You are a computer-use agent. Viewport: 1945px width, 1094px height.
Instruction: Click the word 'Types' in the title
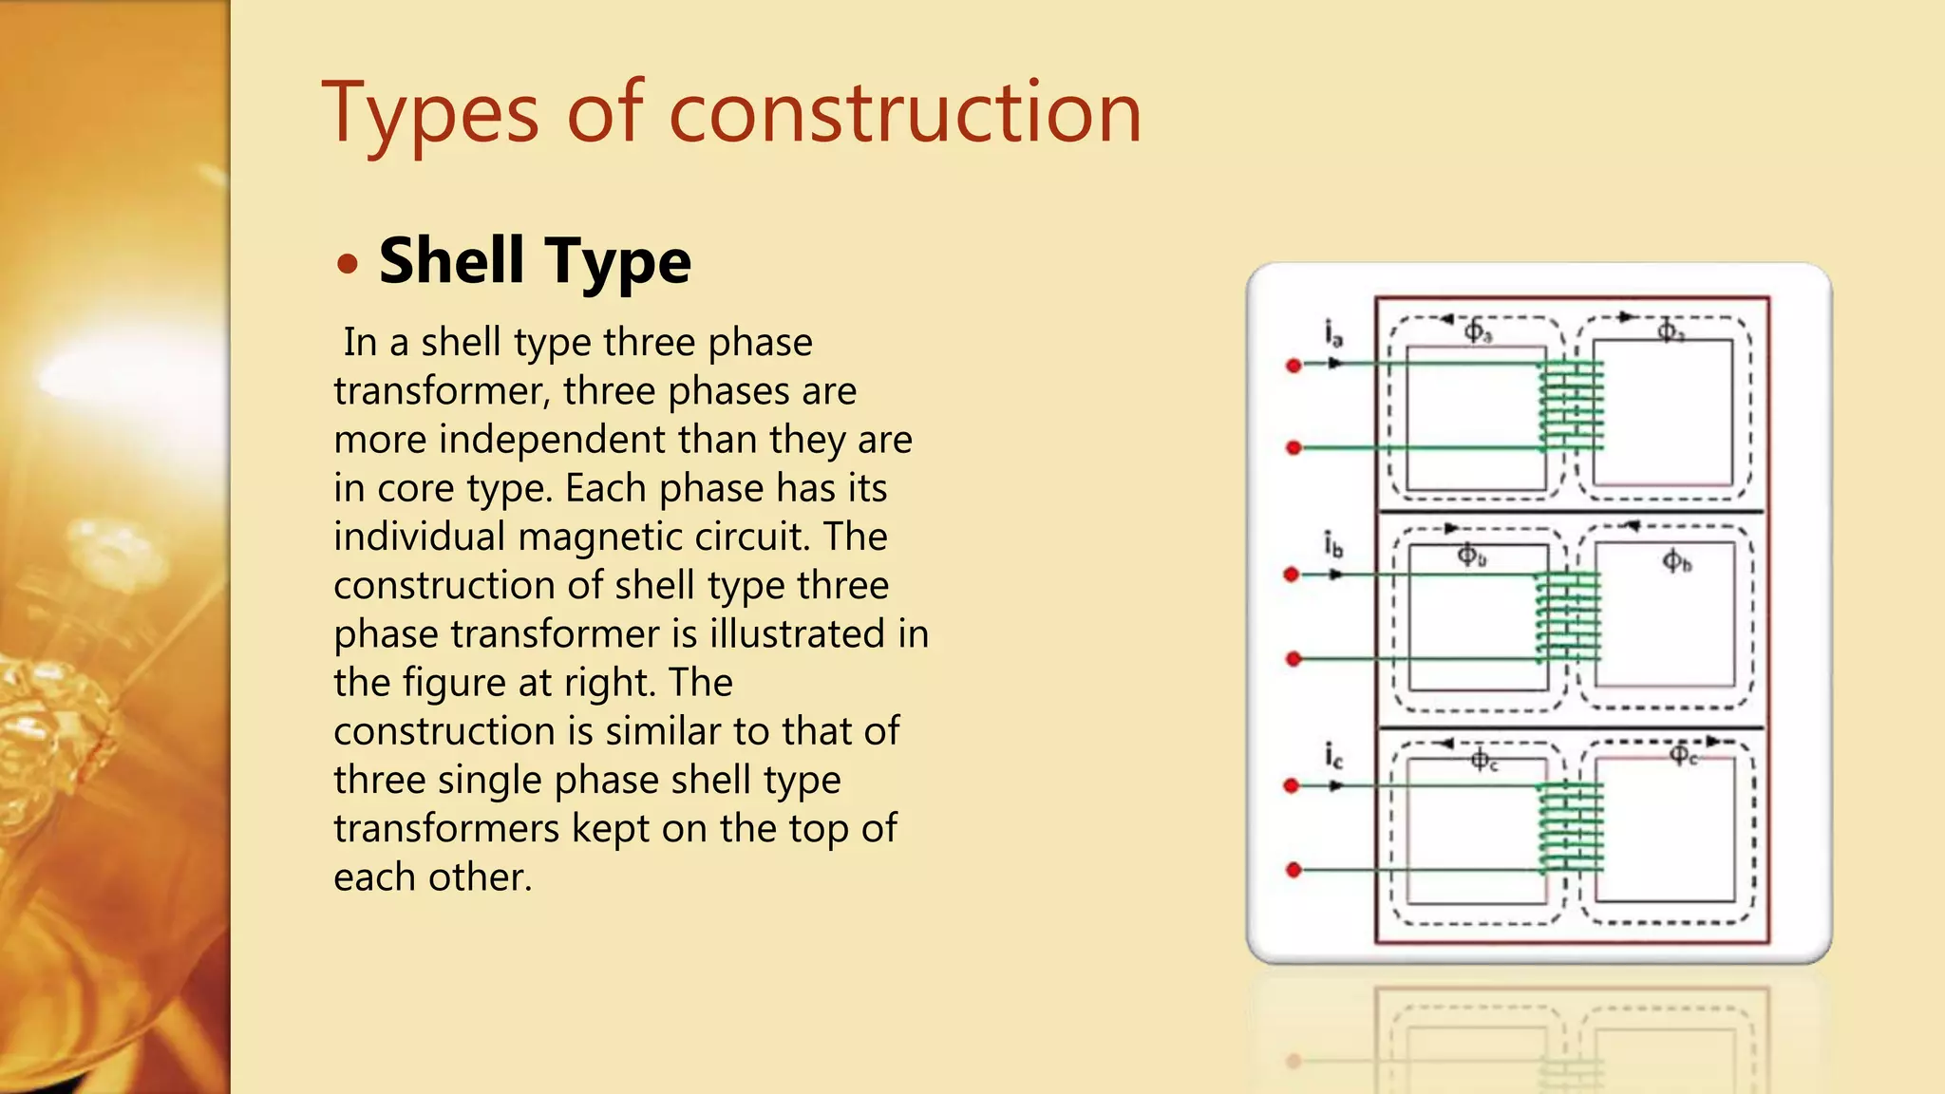click(x=429, y=114)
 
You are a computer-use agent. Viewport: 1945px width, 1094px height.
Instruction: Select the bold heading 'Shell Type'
click(x=535, y=261)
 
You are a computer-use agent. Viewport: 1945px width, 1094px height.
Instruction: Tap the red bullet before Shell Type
click(x=348, y=264)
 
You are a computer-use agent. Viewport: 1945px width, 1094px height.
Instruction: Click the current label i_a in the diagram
click(x=1334, y=333)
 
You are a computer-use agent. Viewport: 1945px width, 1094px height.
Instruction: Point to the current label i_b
click(x=1334, y=545)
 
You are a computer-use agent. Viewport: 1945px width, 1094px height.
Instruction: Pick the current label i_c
click(x=1334, y=756)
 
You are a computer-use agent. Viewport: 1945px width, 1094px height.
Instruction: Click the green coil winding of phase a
click(x=1572, y=406)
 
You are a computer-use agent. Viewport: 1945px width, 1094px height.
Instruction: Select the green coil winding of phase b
click(x=1569, y=617)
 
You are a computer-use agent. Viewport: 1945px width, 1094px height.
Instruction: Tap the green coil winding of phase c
click(x=1571, y=827)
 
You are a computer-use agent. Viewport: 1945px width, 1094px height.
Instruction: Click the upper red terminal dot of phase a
click(x=1294, y=366)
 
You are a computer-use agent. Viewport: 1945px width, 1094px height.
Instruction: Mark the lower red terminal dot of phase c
click(x=1294, y=870)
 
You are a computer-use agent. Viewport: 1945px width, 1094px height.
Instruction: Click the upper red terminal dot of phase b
click(x=1292, y=575)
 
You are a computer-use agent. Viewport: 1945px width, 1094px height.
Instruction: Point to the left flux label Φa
click(x=1477, y=331)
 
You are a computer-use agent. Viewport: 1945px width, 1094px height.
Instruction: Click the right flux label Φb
click(x=1676, y=561)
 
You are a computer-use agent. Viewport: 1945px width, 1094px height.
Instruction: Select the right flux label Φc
click(x=1683, y=756)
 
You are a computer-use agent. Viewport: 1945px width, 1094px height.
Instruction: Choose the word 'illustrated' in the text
click(x=798, y=634)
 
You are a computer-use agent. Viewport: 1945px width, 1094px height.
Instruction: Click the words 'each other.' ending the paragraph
click(x=432, y=877)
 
